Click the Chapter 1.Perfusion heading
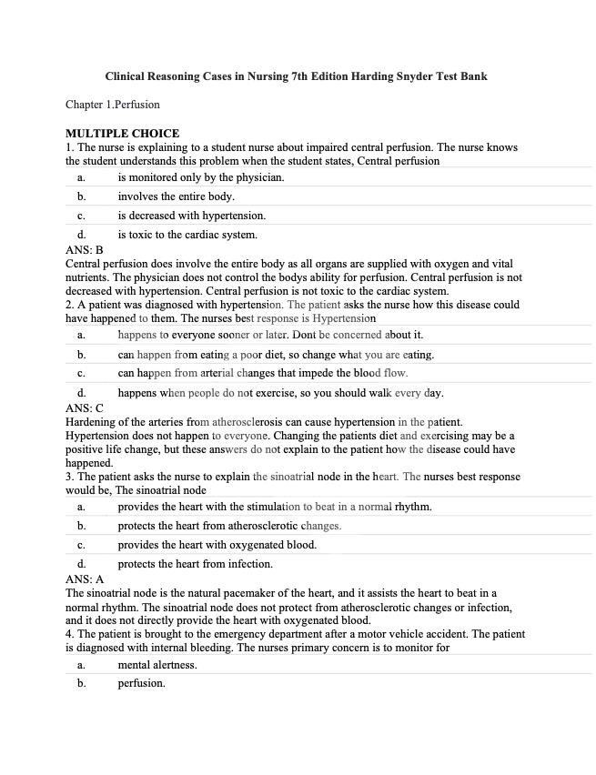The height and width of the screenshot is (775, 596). [113, 105]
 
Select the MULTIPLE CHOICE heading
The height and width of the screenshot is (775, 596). [123, 134]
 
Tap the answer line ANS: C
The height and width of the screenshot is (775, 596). [85, 408]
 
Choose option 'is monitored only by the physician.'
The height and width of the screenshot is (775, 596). [201, 177]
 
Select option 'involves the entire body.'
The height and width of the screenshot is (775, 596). [176, 196]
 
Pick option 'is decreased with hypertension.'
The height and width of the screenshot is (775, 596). [192, 216]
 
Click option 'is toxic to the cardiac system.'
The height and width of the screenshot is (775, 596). [187, 236]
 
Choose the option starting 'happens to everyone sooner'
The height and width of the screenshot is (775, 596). [270, 335]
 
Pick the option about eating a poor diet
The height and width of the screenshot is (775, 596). [276, 354]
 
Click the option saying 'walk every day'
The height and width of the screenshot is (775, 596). [280, 394]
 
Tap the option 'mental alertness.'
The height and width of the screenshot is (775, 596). [157, 665]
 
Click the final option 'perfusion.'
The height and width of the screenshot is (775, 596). [141, 683]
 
